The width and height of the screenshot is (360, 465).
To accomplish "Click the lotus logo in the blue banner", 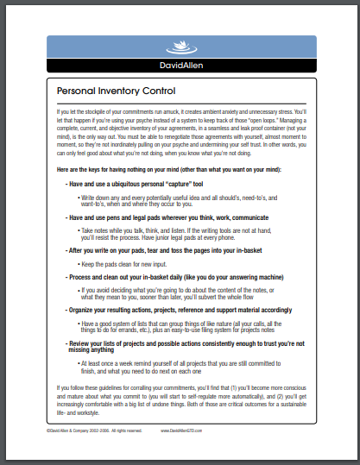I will coord(180,47).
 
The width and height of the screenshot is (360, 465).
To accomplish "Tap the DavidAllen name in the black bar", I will coord(180,66).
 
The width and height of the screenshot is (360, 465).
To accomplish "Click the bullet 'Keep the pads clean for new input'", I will coord(129,262).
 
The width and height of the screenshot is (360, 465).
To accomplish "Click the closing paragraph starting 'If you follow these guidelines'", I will coord(180,399).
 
